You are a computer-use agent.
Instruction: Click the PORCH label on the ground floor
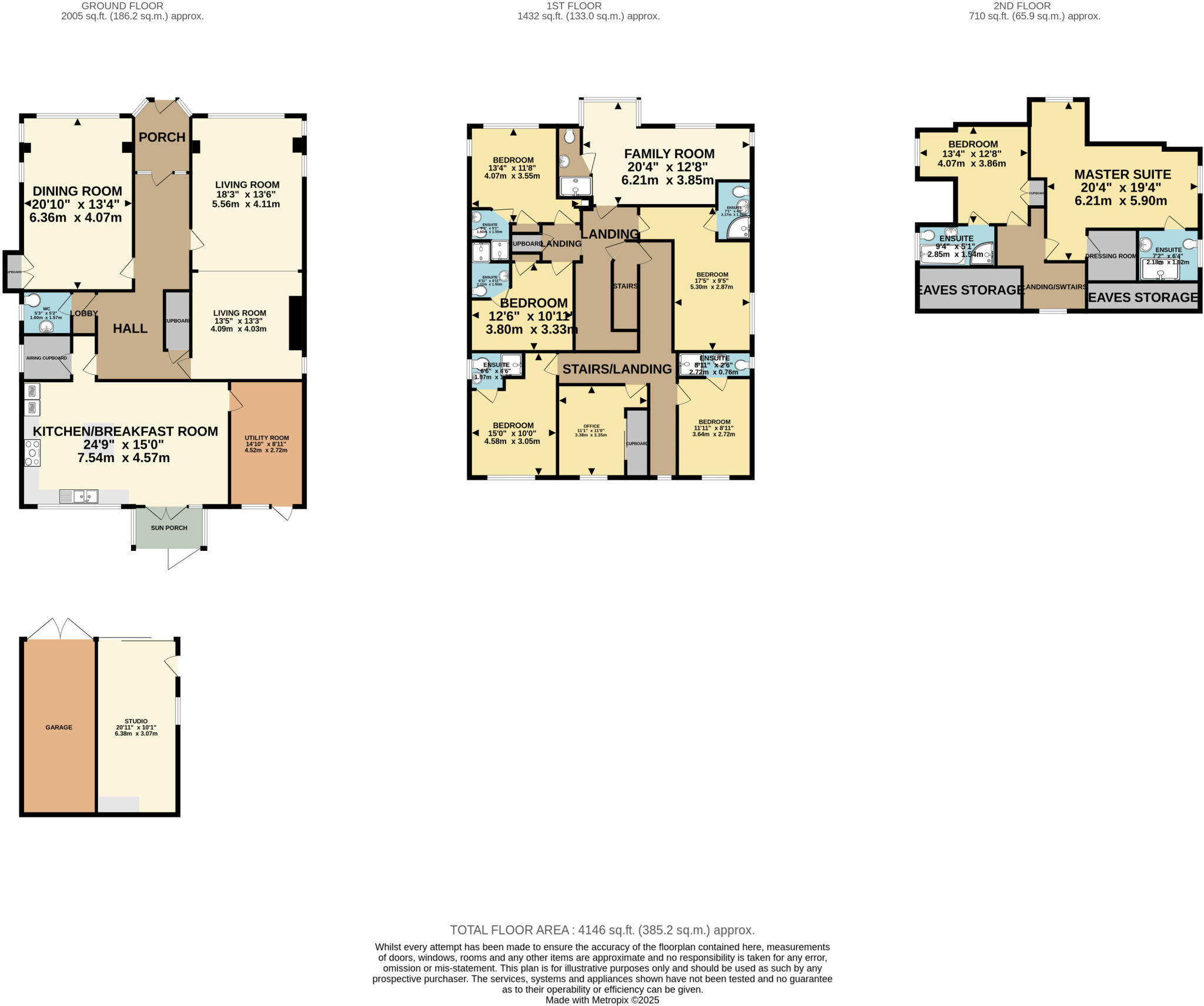click(x=162, y=137)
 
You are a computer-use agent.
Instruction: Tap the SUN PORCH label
click(x=169, y=528)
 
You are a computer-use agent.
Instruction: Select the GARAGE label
click(x=59, y=727)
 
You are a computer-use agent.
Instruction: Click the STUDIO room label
click(x=136, y=721)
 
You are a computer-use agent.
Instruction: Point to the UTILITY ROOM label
click(x=266, y=438)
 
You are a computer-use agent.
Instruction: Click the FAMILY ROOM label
click(x=669, y=154)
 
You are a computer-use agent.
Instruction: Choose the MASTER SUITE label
click(x=1122, y=175)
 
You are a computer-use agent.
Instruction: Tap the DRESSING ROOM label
click(x=1111, y=256)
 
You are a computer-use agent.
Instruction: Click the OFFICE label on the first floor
click(x=591, y=426)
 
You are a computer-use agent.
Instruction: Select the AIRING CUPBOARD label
click(x=46, y=358)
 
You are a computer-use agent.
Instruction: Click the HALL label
click(x=130, y=329)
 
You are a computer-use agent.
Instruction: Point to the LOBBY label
click(x=83, y=313)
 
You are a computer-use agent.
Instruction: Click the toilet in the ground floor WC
click(x=32, y=300)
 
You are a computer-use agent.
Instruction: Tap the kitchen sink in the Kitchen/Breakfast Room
click(x=79, y=497)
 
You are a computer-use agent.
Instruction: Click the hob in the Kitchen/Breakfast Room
click(x=32, y=453)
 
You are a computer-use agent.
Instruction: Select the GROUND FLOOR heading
click(x=122, y=6)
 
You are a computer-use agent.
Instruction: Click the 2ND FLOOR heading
click(x=1034, y=6)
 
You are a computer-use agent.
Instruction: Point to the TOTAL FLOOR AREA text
click(x=602, y=930)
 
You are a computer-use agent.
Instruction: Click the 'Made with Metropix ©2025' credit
click(x=602, y=1000)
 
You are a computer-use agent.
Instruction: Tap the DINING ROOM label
click(x=77, y=191)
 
